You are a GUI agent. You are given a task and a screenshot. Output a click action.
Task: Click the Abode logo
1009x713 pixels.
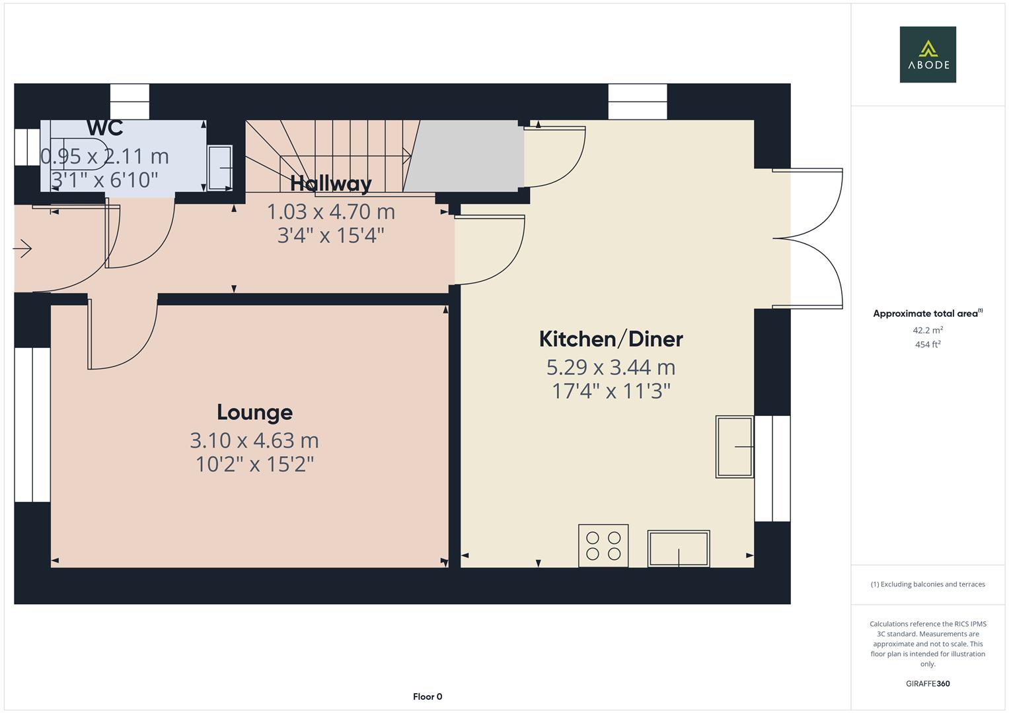(927, 54)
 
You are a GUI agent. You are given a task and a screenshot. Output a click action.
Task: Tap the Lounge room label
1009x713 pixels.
(254, 413)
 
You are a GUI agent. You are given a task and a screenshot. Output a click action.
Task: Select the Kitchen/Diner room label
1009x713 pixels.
(611, 339)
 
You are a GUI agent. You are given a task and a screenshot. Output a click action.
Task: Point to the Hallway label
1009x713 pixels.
(330, 184)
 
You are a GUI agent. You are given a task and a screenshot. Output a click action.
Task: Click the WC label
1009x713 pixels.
(104, 128)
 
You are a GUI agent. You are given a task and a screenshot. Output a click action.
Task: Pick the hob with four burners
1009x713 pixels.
(603, 546)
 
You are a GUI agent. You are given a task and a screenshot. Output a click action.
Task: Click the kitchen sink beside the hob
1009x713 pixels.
(679, 549)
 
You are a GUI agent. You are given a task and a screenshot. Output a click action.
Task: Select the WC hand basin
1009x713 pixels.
(220, 168)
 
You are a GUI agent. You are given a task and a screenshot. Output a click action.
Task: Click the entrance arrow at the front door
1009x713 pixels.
(22, 249)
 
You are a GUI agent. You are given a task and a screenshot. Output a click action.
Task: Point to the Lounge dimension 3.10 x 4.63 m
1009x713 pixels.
(254, 440)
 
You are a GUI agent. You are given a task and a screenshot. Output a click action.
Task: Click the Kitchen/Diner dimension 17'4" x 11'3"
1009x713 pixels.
(611, 391)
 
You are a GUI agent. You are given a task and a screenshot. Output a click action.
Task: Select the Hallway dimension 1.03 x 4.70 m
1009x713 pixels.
(330, 212)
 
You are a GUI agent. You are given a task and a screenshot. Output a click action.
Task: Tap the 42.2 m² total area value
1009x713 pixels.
(927, 330)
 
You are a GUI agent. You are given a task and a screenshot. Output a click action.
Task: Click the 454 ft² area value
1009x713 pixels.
(927, 345)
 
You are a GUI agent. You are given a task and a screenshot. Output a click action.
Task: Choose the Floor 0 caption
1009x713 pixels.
(428, 696)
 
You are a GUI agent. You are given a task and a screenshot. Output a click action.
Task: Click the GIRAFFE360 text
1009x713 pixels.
(927, 684)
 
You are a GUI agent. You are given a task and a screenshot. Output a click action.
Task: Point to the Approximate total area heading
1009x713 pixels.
(927, 314)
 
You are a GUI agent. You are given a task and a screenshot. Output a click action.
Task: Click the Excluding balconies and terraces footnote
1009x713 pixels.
(927, 584)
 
